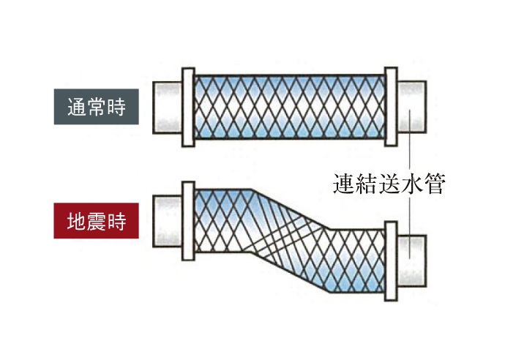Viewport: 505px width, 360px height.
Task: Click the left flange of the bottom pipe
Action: (186, 220)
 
